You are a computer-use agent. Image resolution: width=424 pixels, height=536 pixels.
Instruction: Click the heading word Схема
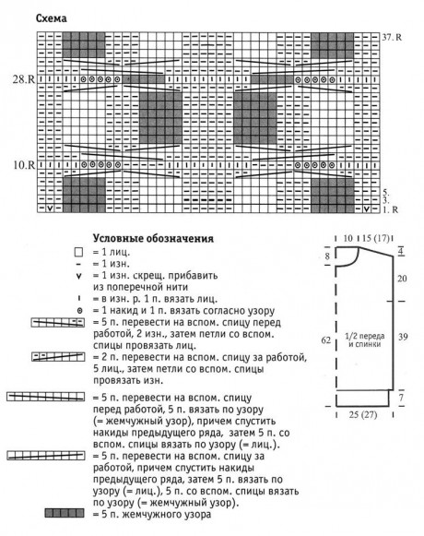click(x=52, y=18)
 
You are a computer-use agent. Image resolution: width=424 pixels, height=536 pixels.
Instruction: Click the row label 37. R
click(x=392, y=37)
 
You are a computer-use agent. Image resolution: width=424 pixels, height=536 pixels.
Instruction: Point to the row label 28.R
click(x=24, y=79)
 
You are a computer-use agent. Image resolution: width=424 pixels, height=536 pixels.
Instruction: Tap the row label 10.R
click(x=24, y=165)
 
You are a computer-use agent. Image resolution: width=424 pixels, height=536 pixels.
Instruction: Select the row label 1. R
click(x=391, y=209)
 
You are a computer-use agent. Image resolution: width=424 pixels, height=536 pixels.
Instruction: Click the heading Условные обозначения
click(x=153, y=238)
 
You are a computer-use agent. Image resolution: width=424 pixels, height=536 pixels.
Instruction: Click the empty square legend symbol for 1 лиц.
click(x=78, y=253)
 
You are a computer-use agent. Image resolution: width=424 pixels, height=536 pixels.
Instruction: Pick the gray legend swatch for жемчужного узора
click(x=65, y=513)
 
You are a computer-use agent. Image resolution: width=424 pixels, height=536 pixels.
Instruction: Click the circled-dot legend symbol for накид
click(x=79, y=311)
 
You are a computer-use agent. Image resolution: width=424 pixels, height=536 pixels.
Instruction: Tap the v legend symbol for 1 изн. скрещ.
click(x=79, y=276)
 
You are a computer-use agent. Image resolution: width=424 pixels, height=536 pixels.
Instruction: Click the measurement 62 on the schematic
click(x=326, y=339)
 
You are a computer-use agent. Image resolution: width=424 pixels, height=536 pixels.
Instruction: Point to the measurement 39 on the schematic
click(x=403, y=337)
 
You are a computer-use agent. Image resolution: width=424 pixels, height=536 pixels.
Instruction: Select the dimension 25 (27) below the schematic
click(x=363, y=414)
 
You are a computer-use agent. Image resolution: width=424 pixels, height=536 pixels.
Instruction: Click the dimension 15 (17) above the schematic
click(x=376, y=238)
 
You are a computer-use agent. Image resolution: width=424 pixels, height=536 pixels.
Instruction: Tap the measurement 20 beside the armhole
click(x=402, y=279)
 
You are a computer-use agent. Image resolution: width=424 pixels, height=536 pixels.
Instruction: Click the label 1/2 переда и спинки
click(x=365, y=340)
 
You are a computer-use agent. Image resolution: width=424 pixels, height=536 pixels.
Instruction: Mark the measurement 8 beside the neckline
click(x=327, y=256)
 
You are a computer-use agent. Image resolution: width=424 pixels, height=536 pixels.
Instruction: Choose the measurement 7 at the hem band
click(x=401, y=398)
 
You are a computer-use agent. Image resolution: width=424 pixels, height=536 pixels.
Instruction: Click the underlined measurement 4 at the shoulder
click(x=401, y=252)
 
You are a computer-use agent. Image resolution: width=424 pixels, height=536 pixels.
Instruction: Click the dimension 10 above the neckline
click(x=347, y=238)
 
